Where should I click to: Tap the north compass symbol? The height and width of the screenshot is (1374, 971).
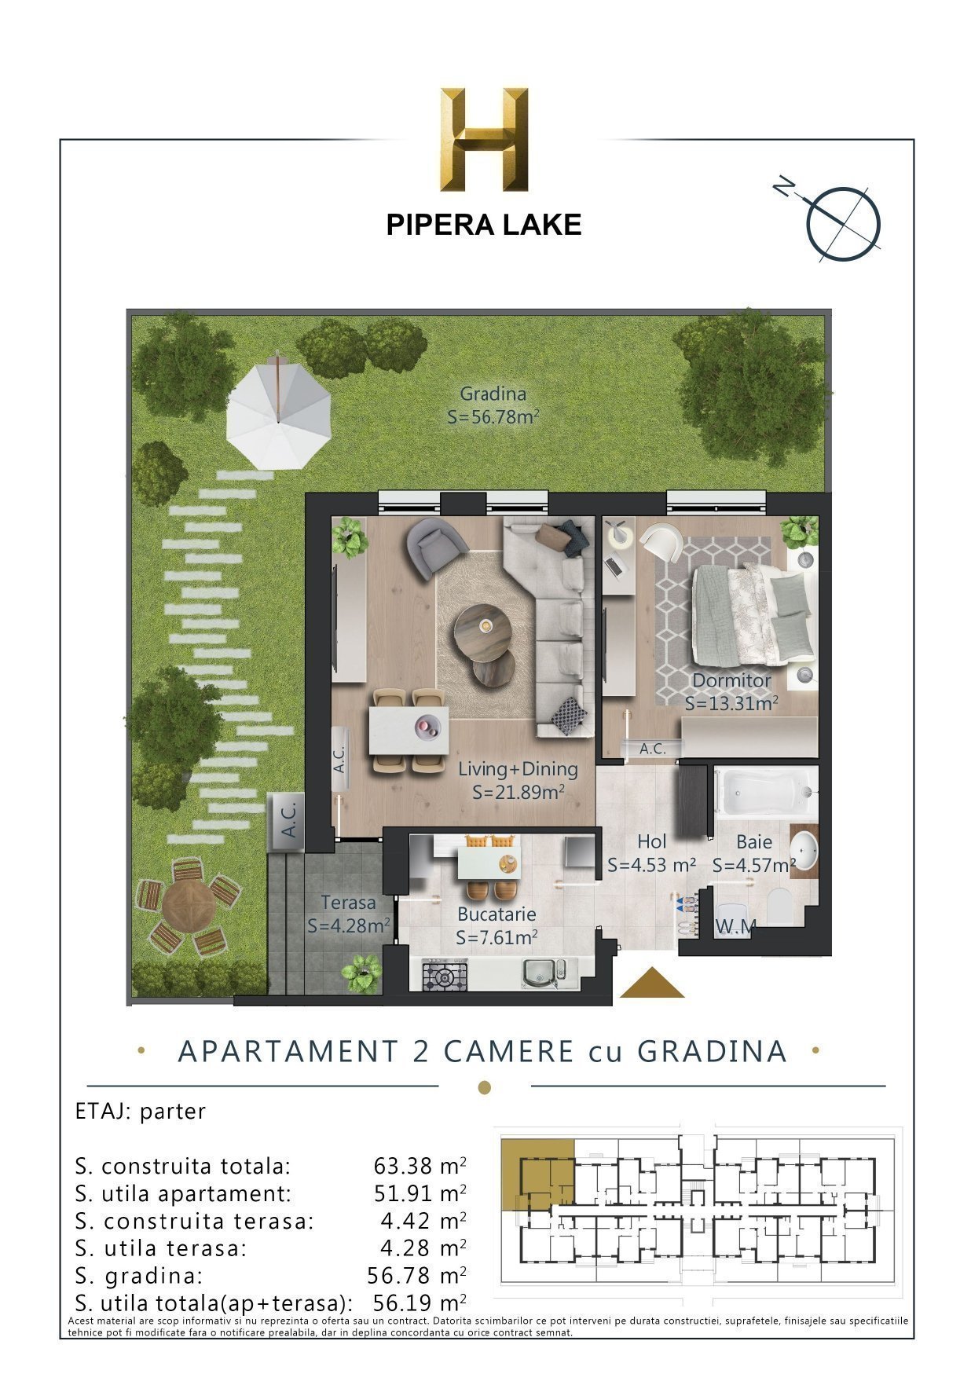click(842, 222)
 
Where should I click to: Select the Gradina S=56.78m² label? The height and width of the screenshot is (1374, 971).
click(493, 405)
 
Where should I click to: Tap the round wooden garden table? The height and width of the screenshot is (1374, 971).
click(189, 903)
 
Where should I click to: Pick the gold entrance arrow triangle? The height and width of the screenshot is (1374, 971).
click(651, 984)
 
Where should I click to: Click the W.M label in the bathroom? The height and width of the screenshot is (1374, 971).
click(735, 927)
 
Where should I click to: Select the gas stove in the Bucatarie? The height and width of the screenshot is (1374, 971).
click(445, 976)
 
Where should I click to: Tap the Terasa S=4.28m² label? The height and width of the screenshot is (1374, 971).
click(348, 914)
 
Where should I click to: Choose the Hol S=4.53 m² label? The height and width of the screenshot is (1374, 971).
click(651, 853)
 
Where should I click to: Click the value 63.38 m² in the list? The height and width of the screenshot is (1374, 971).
click(419, 1165)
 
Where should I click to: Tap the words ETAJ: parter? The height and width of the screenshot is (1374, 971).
click(141, 1112)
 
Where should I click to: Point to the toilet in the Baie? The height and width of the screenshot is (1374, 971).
click(781, 907)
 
